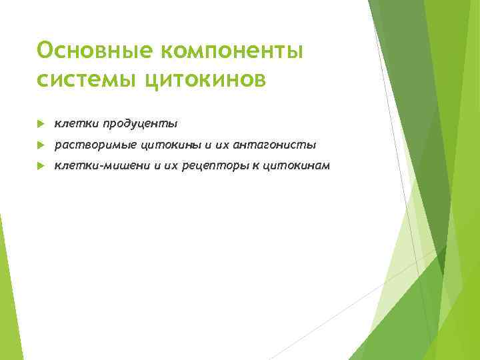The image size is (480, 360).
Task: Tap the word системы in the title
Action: [x=87, y=80]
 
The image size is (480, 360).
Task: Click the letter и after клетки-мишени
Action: [x=157, y=165]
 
